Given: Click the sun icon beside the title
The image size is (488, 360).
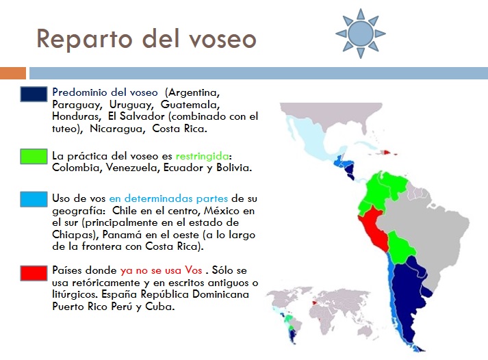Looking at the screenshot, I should pos(360,32).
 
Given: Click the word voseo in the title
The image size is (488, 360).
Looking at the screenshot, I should pos(220,39).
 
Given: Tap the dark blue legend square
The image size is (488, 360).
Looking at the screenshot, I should pos(34,95).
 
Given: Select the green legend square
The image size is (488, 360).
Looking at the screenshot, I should pos(34,156).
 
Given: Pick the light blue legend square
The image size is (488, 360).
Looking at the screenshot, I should pos(34,199).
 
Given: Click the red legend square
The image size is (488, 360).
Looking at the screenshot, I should pos(34,270).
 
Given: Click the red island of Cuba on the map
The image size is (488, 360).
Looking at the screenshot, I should pos(387,153).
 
